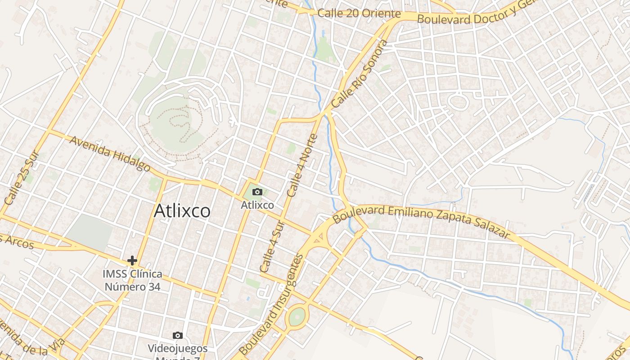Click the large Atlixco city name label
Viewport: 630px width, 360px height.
(x=182, y=211)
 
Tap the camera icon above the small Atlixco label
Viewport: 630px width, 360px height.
(x=257, y=192)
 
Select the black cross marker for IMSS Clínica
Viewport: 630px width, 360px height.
(x=132, y=260)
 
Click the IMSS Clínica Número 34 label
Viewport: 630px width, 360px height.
(x=132, y=280)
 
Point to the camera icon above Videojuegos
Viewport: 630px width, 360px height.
(x=178, y=335)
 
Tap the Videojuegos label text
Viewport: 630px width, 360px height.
(x=178, y=348)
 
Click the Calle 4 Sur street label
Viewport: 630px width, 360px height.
(x=272, y=247)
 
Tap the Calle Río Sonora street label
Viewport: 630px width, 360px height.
(x=360, y=74)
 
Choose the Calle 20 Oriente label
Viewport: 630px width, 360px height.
(x=359, y=13)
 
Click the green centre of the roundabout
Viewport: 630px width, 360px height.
(x=297, y=317)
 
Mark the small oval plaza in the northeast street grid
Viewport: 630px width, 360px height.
(x=458, y=102)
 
